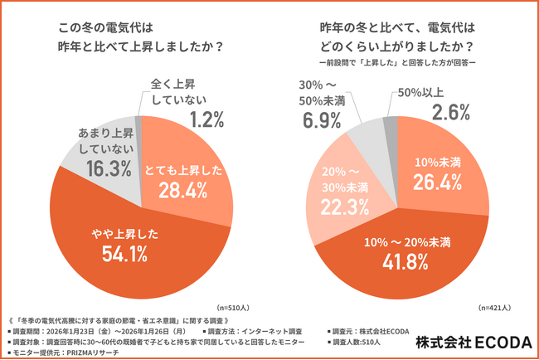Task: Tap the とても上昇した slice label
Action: (x=184, y=168)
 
